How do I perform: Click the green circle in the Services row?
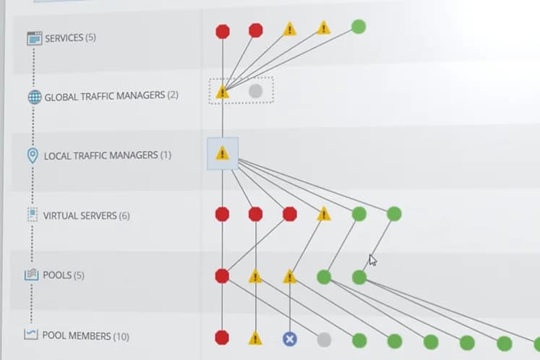click(358, 27)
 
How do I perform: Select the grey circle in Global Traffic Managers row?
click(255, 91)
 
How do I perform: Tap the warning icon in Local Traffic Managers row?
click(223, 153)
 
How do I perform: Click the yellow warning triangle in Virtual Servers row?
click(324, 213)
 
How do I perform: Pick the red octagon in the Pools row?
click(222, 276)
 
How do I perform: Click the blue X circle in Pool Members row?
click(290, 339)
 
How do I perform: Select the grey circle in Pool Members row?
click(324, 340)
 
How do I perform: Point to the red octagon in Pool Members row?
click(222, 338)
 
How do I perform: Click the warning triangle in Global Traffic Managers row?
click(223, 92)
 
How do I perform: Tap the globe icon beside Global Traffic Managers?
click(35, 97)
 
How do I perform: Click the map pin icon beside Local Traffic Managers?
click(33, 155)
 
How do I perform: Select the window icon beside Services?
click(35, 38)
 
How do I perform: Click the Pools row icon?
click(31, 275)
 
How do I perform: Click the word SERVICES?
click(64, 38)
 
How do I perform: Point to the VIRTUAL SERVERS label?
click(80, 215)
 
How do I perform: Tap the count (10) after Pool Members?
click(121, 336)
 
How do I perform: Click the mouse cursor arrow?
click(372, 260)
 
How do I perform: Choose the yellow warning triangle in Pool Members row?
click(255, 338)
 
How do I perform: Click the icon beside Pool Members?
click(30, 334)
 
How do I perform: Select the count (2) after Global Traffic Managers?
click(173, 95)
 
